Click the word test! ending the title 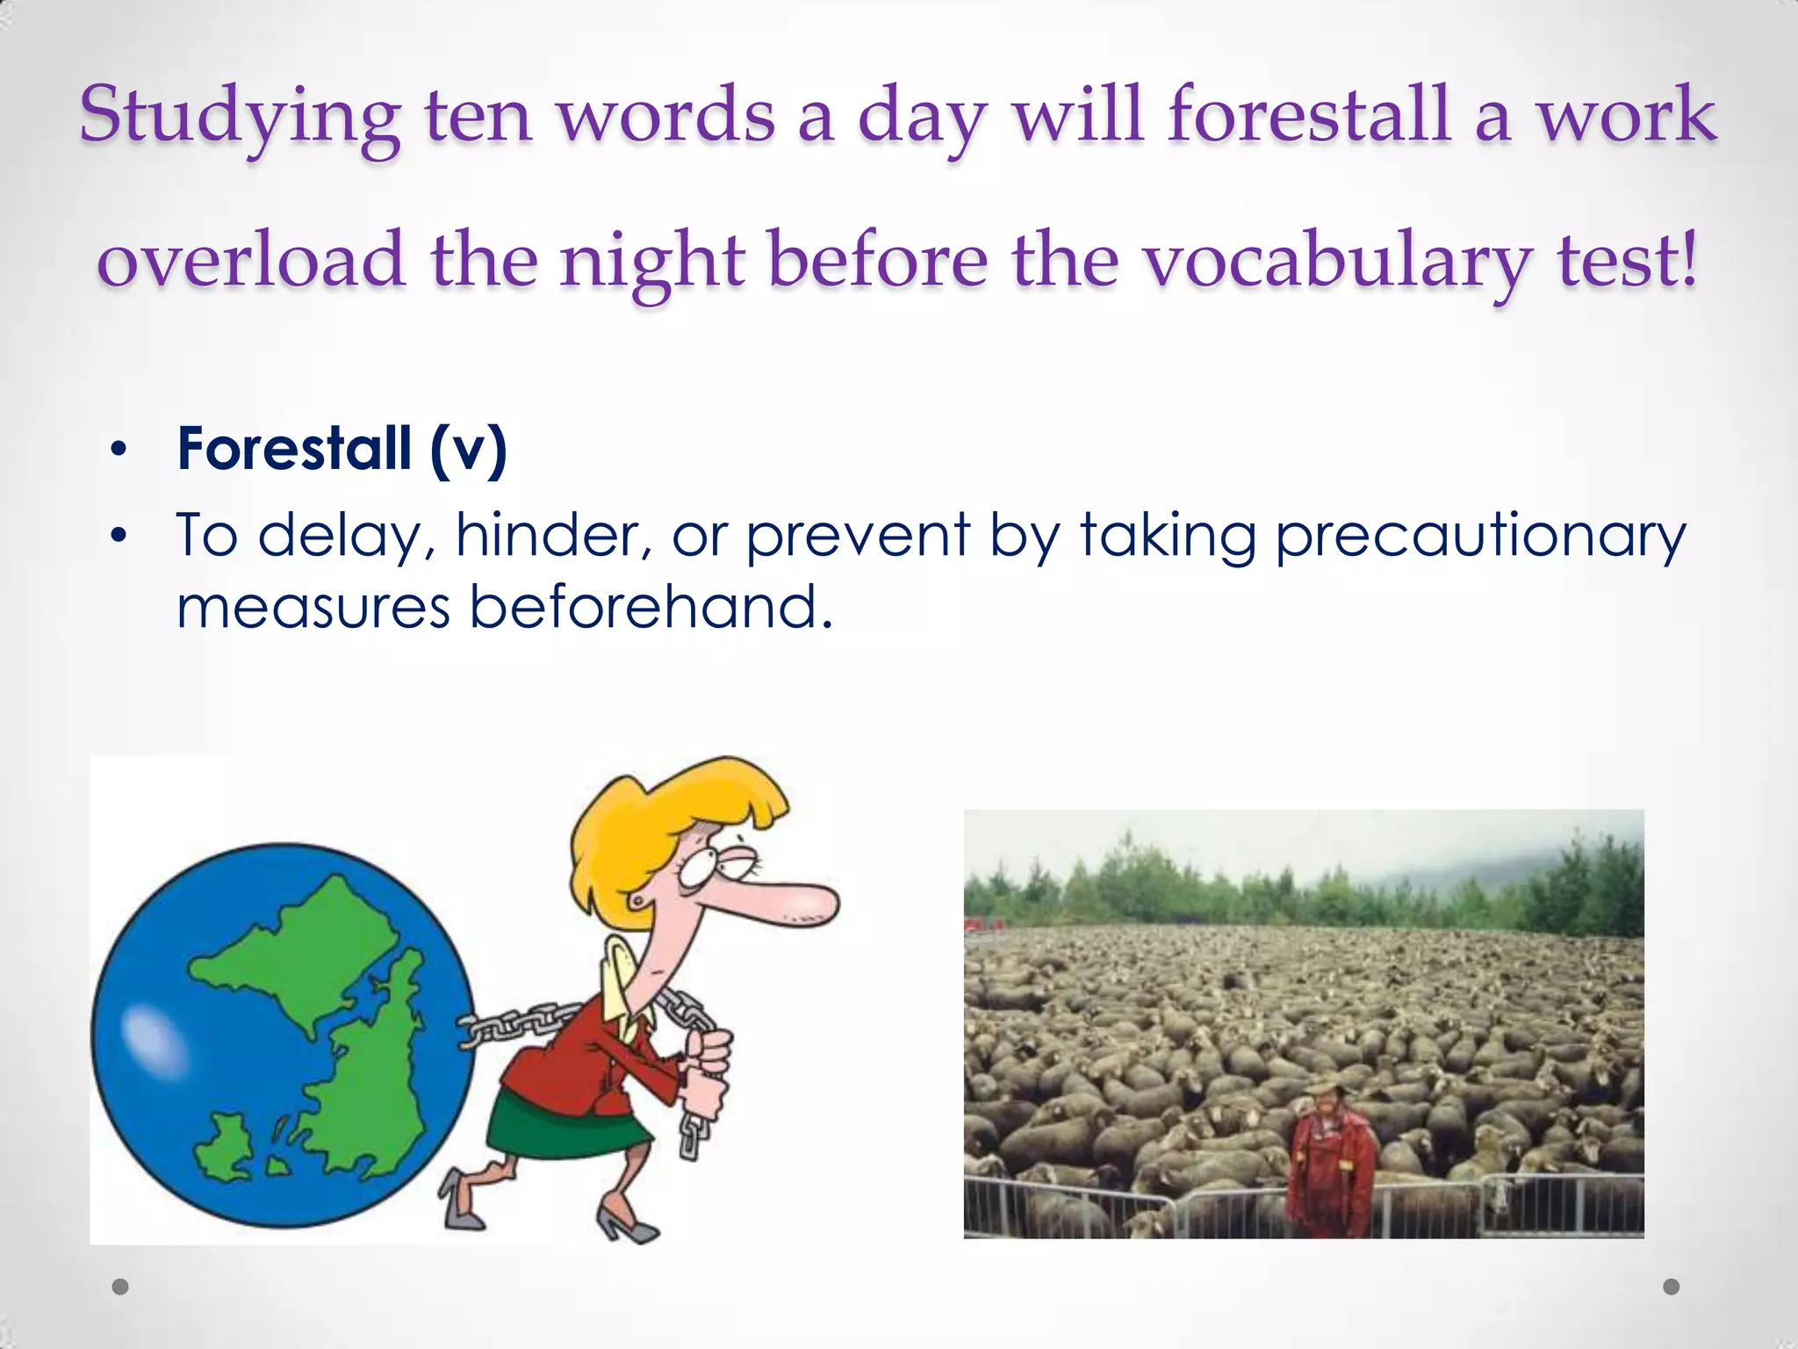1628,262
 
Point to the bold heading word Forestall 294,449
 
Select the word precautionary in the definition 1480,536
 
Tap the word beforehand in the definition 650,608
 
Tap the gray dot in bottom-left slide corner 120,1287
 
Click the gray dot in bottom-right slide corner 1672,1287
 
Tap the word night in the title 653,262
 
